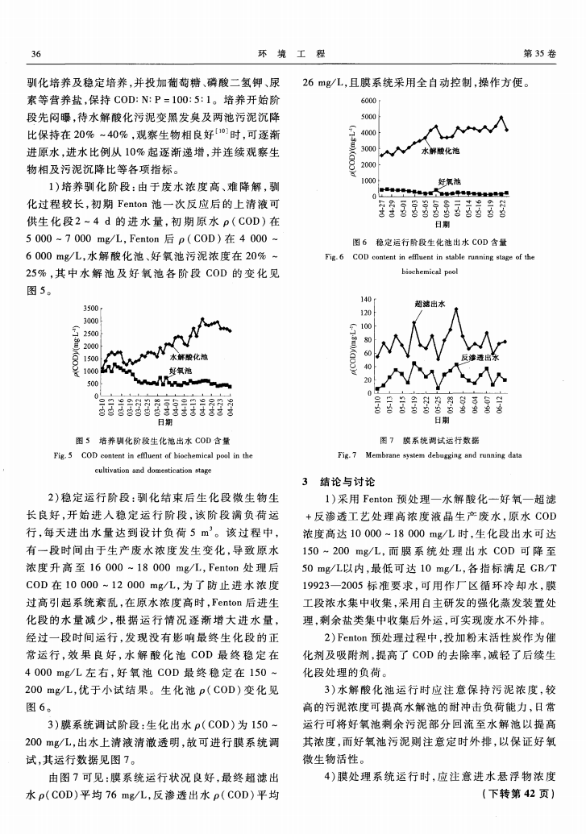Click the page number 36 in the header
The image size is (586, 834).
coord(35,53)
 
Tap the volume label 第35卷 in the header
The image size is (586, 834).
coord(540,53)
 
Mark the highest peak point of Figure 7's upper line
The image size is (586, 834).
coord(456,309)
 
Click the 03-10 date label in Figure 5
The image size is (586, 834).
coord(102,409)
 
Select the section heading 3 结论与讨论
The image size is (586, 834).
coord(338,481)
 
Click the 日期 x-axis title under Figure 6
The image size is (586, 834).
coord(442,225)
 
